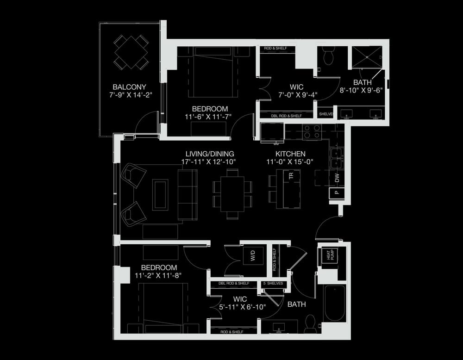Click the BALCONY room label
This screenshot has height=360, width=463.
[129, 87]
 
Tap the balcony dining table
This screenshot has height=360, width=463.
[131, 52]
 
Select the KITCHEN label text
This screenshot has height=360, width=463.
[290, 154]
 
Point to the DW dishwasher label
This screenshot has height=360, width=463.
[337, 178]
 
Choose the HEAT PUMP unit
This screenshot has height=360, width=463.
[329, 255]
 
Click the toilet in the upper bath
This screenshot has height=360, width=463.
[328, 56]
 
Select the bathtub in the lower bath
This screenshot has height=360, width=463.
[335, 304]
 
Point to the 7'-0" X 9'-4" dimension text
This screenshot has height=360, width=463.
[298, 95]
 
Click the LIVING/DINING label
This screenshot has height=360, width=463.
[210, 154]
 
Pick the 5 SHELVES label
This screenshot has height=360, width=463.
[273, 283]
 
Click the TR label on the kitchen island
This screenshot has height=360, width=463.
[291, 176]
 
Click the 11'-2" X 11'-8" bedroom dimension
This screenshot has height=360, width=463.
[158, 276]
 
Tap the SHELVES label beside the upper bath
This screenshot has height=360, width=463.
[326, 114]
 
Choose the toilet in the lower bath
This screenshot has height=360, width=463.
[310, 324]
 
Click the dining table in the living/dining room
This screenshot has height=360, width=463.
[233, 194]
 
